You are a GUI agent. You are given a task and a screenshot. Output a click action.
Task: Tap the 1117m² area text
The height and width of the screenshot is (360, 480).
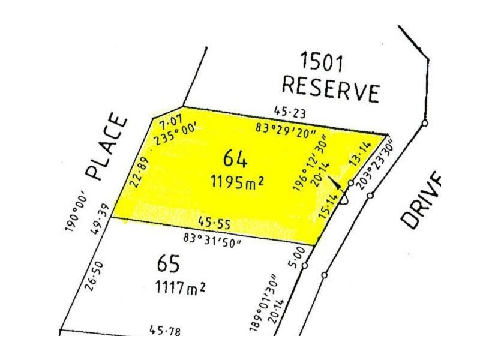click(x=178, y=287)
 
